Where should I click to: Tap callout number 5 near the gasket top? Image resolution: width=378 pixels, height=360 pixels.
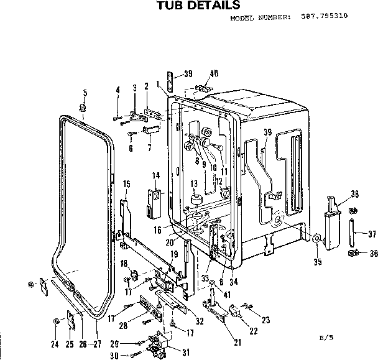coord(84,93)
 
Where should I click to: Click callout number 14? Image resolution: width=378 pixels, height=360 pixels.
coord(156,175)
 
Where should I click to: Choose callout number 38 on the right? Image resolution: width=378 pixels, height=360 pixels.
coord(355,193)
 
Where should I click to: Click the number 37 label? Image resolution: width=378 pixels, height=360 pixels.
coord(372,234)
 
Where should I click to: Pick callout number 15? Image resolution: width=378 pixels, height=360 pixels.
coord(126,183)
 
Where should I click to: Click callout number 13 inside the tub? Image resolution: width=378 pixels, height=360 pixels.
coord(194,183)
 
